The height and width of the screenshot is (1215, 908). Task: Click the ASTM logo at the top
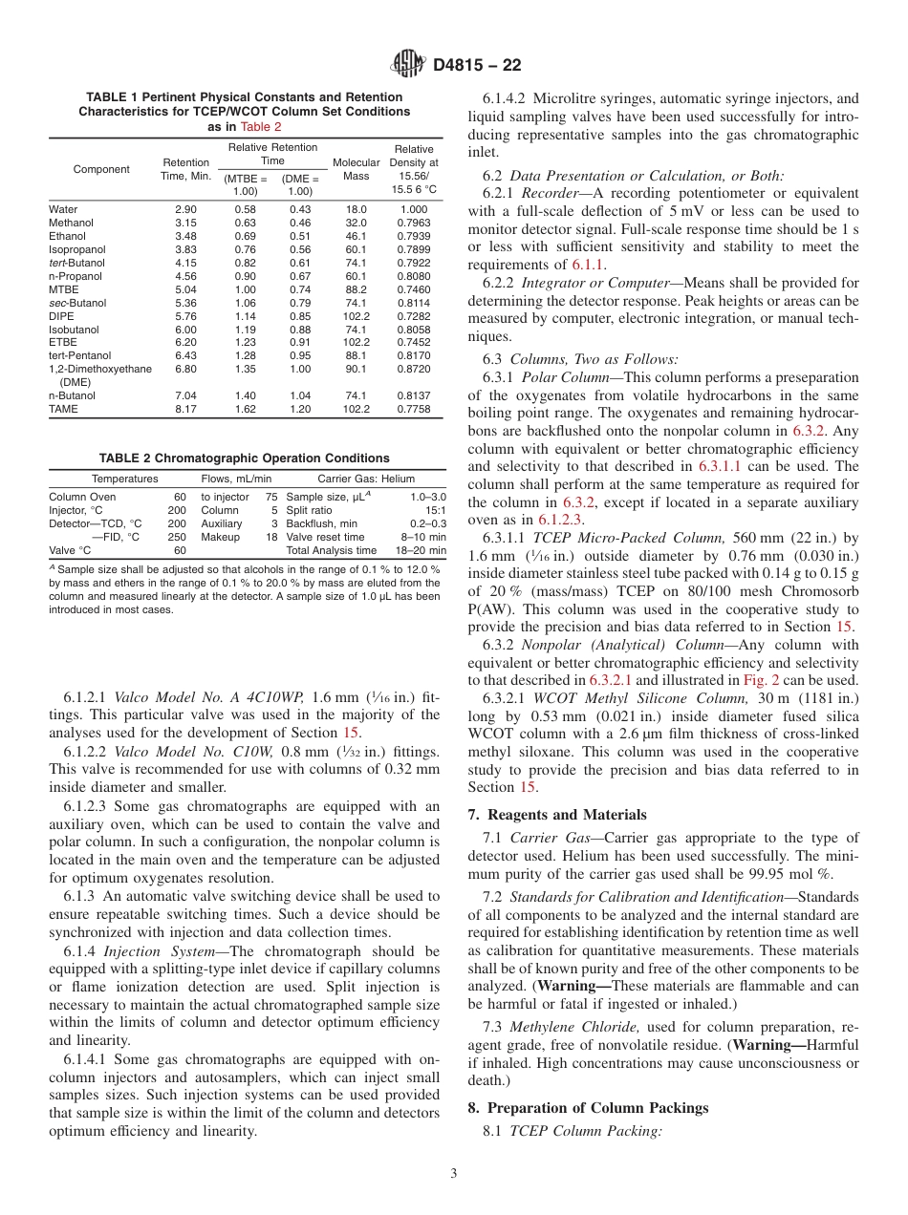point(408,64)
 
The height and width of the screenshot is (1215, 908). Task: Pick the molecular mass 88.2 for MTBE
point(356,289)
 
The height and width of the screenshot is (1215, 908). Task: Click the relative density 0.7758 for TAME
point(413,410)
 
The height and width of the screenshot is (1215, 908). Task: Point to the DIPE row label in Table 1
point(62,316)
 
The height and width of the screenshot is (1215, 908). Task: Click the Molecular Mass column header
point(356,169)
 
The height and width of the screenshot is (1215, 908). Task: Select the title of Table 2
point(244,458)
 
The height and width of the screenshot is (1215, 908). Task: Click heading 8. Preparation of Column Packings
point(588,1108)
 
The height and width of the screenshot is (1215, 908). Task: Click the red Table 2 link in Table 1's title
point(260,126)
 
